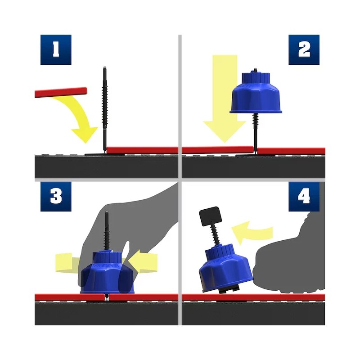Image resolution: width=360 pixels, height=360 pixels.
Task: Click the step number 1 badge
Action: coord(56,49)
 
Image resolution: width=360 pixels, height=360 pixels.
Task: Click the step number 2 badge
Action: coord(304,49)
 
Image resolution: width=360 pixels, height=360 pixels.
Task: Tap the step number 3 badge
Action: coord(56,197)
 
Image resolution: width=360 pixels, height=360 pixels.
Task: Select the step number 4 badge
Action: coord(304,197)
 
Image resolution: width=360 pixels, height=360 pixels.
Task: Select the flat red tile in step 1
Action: coord(142,149)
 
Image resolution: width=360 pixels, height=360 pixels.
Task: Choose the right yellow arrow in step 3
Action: coord(146,262)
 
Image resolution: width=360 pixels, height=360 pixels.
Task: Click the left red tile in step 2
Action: coord(216,149)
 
